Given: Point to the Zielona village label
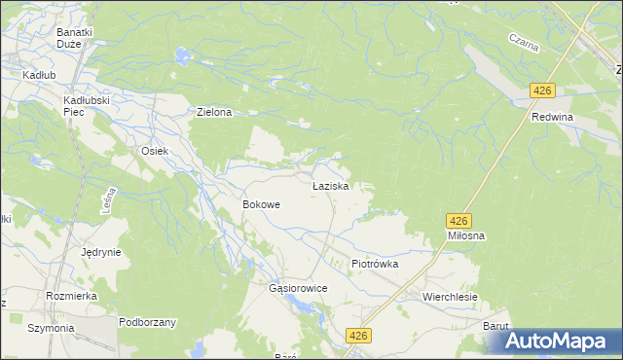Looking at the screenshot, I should click(214, 112).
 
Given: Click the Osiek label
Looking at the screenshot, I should click(156, 151).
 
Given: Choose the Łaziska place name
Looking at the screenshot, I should click(331, 185).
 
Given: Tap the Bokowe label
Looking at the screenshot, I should click(261, 205).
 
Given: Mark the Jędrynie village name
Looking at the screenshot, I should click(101, 252).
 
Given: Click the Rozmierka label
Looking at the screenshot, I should click(70, 295).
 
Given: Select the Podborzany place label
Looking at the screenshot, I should click(147, 322).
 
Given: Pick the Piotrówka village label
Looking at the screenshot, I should click(375, 264).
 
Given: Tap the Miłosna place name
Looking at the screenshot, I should click(466, 236).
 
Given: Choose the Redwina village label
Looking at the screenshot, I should click(552, 117).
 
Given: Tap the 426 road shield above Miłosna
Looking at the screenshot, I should click(460, 221).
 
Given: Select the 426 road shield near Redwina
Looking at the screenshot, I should click(542, 90).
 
